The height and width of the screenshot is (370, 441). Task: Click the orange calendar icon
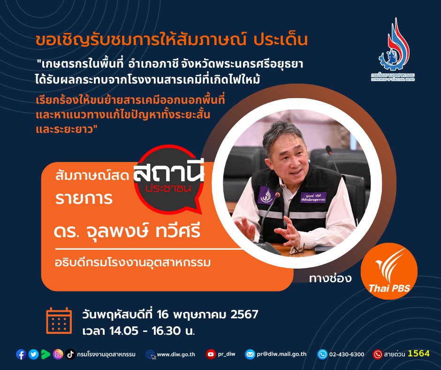coord(59,321)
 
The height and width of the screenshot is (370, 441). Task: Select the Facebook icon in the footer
coord(21,355)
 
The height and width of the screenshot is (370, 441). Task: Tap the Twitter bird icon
coord(33,355)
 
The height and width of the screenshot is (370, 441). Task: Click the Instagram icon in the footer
coord(58,355)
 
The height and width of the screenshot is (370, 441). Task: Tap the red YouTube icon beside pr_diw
coord(211,355)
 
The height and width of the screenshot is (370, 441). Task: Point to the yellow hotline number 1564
coord(418,354)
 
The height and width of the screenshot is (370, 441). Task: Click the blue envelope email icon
coord(250,355)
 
